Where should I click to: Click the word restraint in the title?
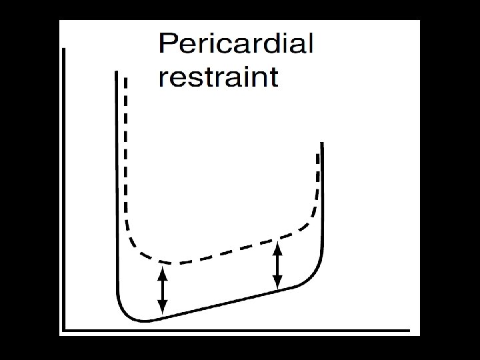(218, 77)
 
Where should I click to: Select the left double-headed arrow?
(161, 289)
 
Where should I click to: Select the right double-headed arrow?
(278, 266)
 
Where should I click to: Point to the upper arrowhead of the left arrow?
(161, 270)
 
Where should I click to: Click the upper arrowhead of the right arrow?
(278, 247)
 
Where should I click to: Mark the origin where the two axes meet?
(63, 329)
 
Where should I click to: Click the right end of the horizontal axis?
(408, 329)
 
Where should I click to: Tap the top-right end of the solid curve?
(322, 144)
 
